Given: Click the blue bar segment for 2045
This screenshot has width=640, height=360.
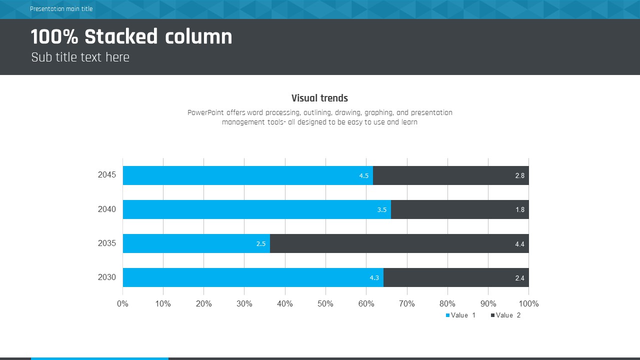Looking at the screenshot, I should coord(247,175).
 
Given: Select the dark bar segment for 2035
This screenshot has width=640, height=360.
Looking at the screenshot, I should coord(399,243).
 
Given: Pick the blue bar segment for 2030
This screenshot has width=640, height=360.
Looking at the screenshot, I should coord(252,277).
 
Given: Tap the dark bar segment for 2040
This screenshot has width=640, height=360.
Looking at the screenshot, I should coord(459,209).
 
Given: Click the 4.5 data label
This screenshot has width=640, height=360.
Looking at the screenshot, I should coord(364,176).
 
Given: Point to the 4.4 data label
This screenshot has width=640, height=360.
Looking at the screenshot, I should coord(520,244).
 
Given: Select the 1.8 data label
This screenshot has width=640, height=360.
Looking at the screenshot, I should coord(520,210).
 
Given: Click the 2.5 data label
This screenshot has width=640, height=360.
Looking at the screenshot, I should coord(261,244).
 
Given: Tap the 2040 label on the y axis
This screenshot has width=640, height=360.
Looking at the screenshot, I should coord(107,209).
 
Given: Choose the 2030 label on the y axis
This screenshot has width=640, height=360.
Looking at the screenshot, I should coord(107,277).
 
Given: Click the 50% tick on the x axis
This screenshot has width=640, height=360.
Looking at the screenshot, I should coord(325,304).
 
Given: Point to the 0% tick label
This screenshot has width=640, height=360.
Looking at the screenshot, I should coord(122,304).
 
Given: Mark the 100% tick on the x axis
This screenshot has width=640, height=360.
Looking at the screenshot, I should coord(529,304).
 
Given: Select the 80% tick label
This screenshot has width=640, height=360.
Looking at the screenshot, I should coord(447,304).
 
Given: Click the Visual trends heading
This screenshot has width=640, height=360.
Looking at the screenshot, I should coord(319,98).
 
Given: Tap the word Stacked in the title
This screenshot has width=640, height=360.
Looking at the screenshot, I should coord(121,37).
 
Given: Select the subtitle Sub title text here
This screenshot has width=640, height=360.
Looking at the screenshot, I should coord(80,57).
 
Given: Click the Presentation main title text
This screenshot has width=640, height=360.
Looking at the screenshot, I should coord(61,9).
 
